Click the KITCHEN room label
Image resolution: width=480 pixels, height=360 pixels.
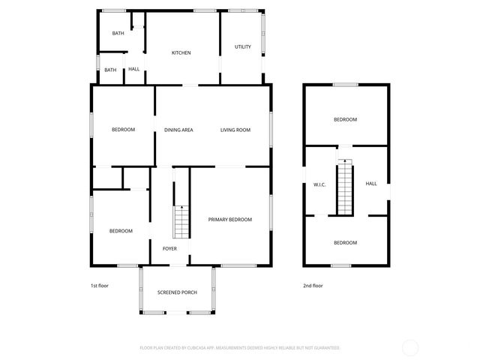(181, 52)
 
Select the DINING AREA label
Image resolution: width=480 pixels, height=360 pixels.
(178, 130)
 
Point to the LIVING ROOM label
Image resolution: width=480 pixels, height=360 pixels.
(235, 130)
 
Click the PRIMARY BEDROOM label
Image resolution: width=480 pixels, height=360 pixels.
(229, 219)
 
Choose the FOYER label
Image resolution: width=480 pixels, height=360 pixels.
(169, 247)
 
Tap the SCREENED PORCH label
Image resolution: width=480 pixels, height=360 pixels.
(177, 292)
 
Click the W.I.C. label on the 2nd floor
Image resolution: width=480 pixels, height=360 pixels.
(319, 184)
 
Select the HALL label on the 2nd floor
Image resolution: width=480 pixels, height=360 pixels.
(371, 183)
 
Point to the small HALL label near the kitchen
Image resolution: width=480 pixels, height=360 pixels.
(133, 69)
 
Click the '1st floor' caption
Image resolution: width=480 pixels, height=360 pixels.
(100, 286)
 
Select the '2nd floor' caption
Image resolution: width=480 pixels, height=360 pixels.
(313, 286)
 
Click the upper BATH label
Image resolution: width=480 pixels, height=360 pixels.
(118, 33)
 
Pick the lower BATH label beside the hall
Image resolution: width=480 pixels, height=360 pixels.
(110, 70)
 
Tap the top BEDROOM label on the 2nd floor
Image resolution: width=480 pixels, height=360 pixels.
(345, 119)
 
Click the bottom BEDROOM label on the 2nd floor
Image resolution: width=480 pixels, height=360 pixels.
(345, 242)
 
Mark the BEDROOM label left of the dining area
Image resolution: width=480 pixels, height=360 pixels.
(123, 130)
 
